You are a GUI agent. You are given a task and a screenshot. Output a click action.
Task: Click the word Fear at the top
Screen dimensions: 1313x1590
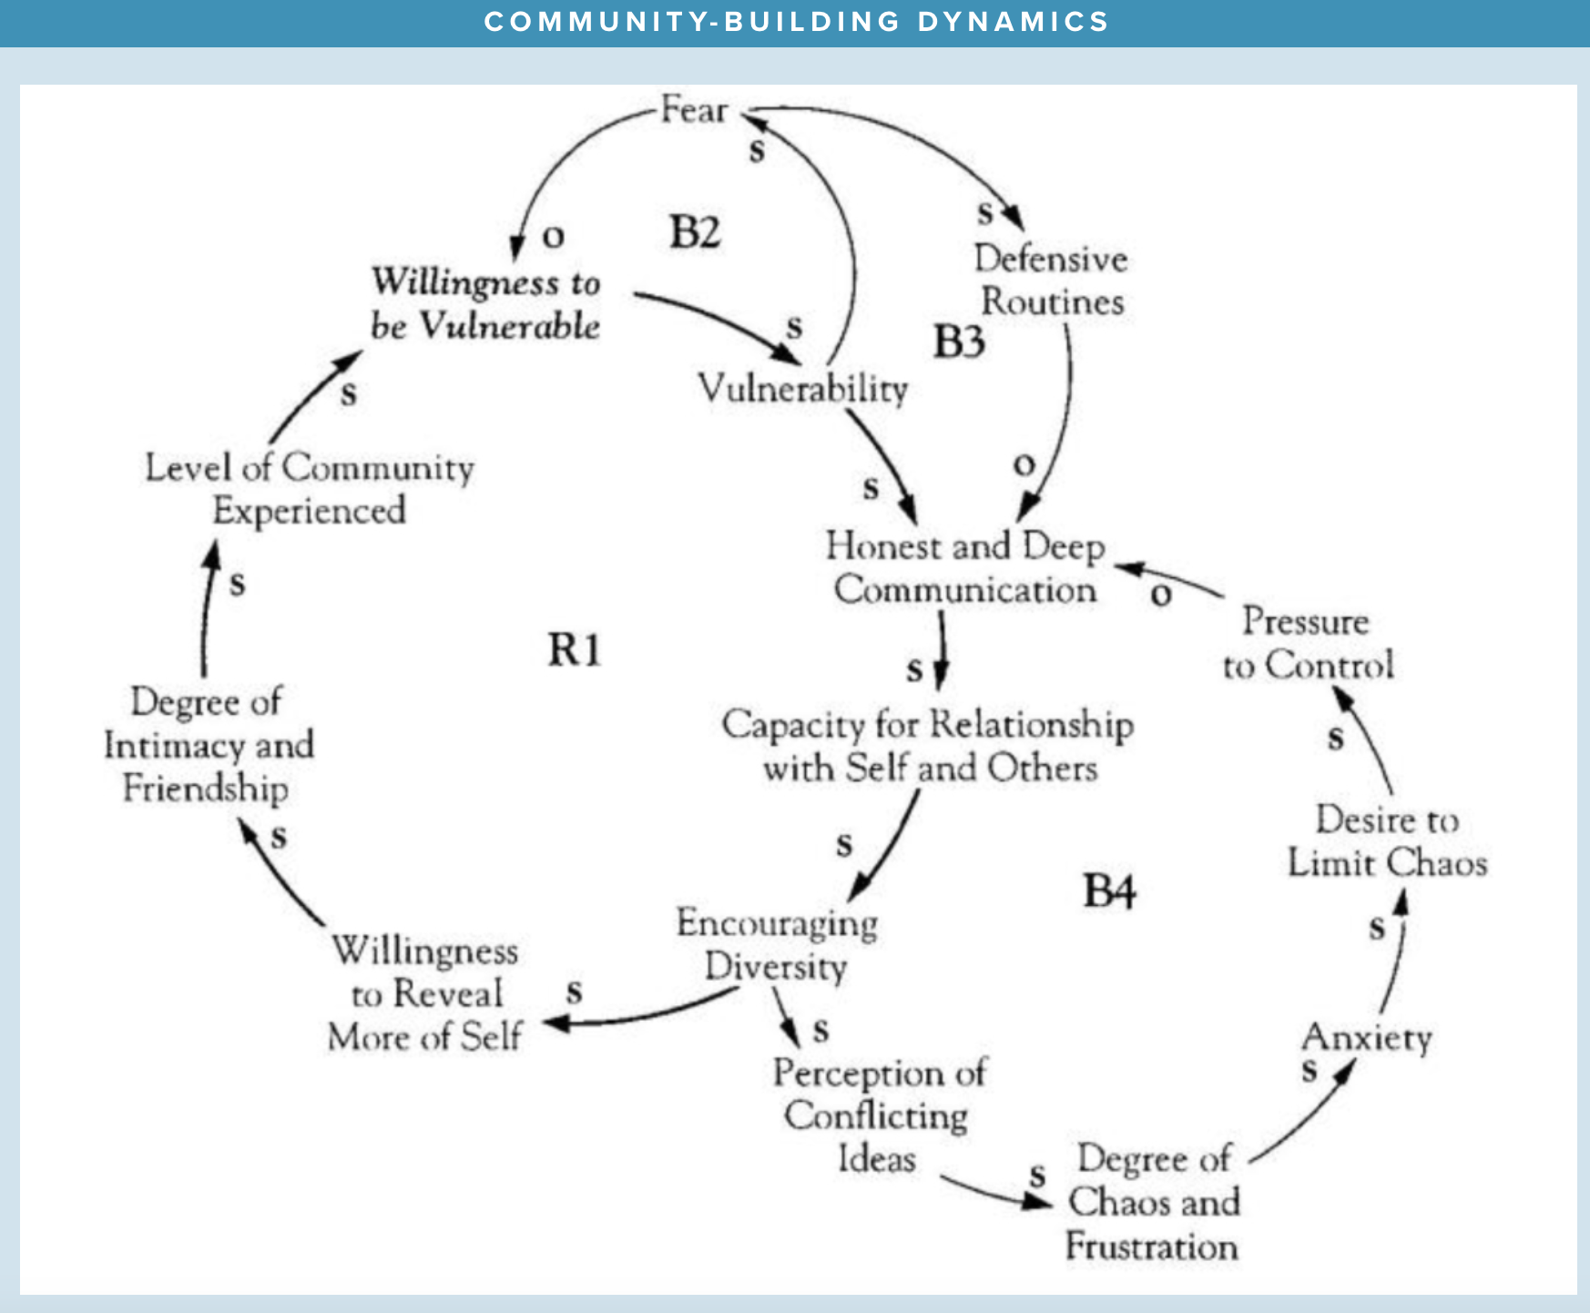click(694, 110)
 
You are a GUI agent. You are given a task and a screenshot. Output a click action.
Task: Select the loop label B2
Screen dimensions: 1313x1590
click(695, 232)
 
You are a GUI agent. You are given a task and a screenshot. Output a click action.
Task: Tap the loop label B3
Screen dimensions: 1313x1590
click(959, 342)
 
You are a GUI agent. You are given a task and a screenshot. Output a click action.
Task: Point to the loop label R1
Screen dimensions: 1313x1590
click(574, 650)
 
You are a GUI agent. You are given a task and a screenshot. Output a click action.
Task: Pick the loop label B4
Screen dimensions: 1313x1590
click(1109, 891)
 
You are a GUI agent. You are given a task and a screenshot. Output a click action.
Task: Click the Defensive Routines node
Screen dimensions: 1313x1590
click(1052, 280)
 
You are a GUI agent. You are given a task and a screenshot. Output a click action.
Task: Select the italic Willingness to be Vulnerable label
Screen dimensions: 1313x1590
click(485, 303)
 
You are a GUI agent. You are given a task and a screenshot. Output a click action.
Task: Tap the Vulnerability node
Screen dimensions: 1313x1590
click(803, 389)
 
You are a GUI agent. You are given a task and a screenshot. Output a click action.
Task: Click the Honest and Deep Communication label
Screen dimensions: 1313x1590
click(965, 568)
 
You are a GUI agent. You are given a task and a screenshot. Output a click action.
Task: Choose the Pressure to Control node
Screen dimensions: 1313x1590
click(1308, 644)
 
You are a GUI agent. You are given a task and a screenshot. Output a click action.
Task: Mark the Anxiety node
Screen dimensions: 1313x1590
click(1367, 1037)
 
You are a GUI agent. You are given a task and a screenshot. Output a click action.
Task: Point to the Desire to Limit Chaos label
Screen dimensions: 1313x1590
click(1387, 841)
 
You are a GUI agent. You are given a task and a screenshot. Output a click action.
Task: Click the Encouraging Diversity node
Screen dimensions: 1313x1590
click(777, 944)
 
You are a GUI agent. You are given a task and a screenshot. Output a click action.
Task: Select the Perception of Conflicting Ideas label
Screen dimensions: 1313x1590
click(879, 1115)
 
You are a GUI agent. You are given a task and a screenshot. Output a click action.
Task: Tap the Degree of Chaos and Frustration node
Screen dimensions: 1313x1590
click(1154, 1203)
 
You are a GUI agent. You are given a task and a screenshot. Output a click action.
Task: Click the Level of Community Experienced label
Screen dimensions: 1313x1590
click(310, 489)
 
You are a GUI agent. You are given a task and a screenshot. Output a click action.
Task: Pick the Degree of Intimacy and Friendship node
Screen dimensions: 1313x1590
click(209, 745)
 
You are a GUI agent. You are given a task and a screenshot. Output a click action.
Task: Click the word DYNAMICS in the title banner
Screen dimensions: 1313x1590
click(1013, 22)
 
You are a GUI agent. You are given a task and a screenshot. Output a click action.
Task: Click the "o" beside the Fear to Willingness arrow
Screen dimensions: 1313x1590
click(553, 237)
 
